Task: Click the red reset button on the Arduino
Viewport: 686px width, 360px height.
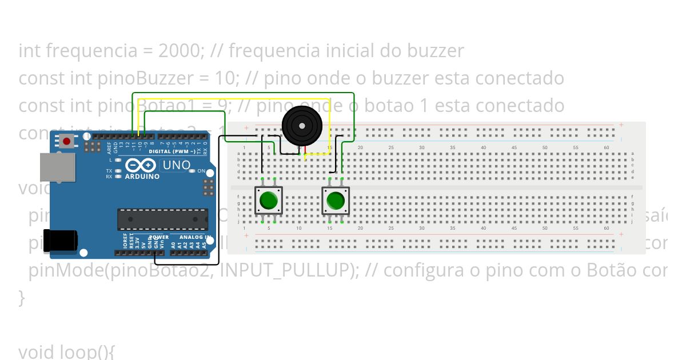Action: point(67,141)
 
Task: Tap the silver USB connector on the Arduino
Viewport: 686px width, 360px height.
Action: point(57,167)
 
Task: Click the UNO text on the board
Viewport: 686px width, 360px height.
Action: point(177,165)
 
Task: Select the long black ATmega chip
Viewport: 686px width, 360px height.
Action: point(162,218)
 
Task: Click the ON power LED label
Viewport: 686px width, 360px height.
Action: point(201,171)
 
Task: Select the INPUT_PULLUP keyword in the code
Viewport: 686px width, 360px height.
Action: point(285,270)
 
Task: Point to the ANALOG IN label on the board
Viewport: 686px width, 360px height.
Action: point(194,237)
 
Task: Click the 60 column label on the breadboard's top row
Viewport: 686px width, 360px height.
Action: point(607,148)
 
